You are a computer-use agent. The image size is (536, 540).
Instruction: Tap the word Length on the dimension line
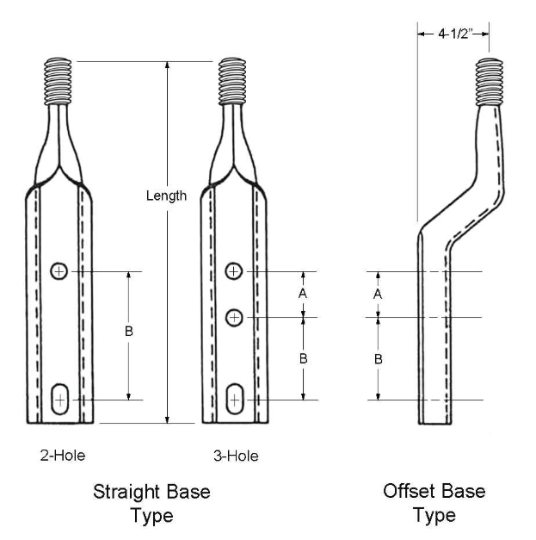[x=166, y=196]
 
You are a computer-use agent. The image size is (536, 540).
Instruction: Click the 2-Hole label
[x=63, y=455]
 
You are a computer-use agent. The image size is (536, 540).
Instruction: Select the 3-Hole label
[x=236, y=456]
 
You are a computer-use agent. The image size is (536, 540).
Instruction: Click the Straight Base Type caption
[x=151, y=504]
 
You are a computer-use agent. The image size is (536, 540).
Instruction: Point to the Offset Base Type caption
[x=434, y=504]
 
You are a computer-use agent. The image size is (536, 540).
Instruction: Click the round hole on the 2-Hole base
[x=59, y=271]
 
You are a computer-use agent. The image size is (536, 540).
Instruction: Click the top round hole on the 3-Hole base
[x=233, y=271]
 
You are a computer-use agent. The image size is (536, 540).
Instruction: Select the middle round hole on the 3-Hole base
[x=233, y=318]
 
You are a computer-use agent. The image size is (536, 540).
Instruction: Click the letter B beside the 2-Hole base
[x=129, y=332]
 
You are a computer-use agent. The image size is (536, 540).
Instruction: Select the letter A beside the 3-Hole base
[x=302, y=294]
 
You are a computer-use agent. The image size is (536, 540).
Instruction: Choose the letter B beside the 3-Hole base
[x=303, y=358]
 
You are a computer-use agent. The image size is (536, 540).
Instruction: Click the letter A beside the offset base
[x=379, y=294]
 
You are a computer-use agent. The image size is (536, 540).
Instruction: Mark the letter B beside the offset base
[x=379, y=358]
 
